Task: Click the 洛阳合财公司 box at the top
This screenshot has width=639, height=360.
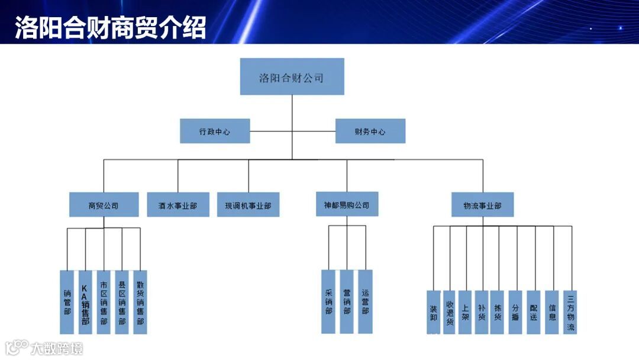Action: tap(292, 77)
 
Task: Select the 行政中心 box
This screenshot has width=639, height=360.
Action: tap(215, 131)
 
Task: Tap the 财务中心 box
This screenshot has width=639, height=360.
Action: tap(370, 131)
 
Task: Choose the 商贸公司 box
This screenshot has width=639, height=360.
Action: tap(104, 205)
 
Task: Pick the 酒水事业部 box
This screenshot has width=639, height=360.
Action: tap(178, 205)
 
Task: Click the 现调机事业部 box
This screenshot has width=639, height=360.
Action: tap(248, 205)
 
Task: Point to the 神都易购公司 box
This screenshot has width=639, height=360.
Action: tap(347, 205)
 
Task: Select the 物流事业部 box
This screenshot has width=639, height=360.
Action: tap(482, 205)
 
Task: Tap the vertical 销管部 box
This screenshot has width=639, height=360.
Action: tap(67, 302)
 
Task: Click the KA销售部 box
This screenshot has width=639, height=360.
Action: tap(85, 302)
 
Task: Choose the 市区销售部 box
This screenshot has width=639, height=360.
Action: tap(104, 302)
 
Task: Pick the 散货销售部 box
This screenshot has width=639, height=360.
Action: tap(140, 302)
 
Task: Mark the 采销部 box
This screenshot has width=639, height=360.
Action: tap(328, 302)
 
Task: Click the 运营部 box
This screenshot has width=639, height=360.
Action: tap(365, 302)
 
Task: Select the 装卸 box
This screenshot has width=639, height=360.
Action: tap(434, 312)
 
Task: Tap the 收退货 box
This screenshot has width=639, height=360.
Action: tap(450, 312)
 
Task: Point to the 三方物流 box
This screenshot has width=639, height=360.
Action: tap(570, 312)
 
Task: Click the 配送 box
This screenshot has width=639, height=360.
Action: tap(534, 312)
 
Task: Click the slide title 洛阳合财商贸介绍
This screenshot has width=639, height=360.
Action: tap(111, 27)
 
